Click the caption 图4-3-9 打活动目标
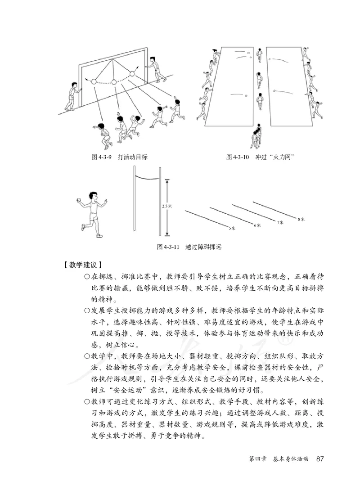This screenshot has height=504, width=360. (119, 157)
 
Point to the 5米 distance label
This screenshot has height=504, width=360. (232, 228)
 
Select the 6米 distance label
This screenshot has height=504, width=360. (257, 225)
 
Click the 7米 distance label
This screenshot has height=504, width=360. (280, 222)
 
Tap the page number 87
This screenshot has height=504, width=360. (320, 459)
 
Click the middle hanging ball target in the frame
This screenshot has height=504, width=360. (114, 82)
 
